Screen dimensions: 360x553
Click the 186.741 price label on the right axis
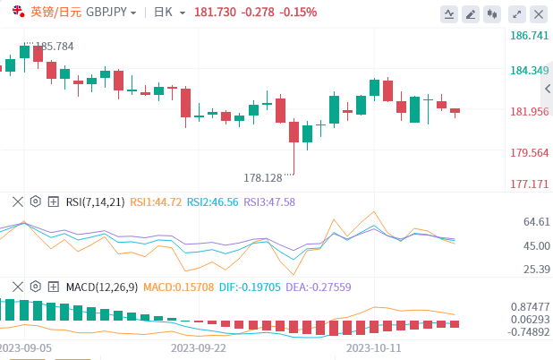pyautogui.click(x=529, y=36)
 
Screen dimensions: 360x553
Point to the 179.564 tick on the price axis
pyautogui.click(x=529, y=153)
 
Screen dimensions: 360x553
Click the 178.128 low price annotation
pyautogui.click(x=263, y=178)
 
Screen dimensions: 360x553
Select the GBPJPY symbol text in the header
pyautogui.click(x=106, y=13)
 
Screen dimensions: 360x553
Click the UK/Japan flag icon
pyautogui.click(x=18, y=12)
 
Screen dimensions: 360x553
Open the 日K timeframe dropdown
pyautogui.click(x=169, y=13)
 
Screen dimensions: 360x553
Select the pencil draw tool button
pyautogui.click(x=450, y=13)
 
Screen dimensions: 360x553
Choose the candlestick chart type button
pyautogui.click(x=492, y=13)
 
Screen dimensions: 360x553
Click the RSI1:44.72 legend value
pyautogui.click(x=157, y=202)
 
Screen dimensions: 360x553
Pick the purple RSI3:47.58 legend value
pyautogui.click(x=269, y=202)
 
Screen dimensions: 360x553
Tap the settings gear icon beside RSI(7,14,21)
pyautogui.click(x=35, y=201)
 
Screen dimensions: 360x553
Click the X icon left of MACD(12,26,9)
pyautogui.click(x=16, y=287)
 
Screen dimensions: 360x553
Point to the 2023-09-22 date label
pyautogui.click(x=199, y=347)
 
